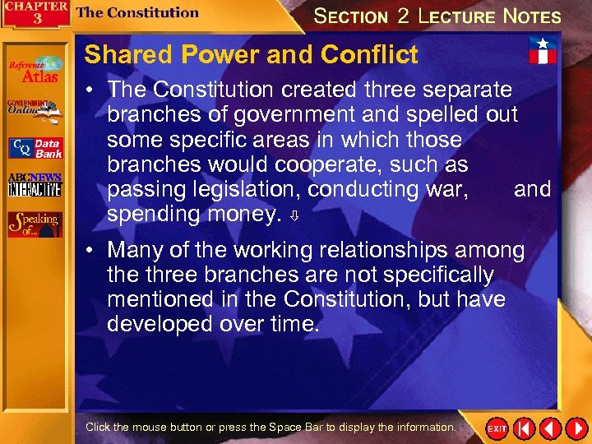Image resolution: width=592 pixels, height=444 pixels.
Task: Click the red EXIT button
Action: (497, 428)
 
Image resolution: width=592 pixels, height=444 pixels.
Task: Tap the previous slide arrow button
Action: (550, 428)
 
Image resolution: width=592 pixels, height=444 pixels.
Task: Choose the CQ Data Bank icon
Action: (35, 148)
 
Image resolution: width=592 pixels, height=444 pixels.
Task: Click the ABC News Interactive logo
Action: (35, 185)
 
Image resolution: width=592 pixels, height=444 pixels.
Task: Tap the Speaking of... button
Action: (35, 224)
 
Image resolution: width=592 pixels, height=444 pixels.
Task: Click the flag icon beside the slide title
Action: (543, 50)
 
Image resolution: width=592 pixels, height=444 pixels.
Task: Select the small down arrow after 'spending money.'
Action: (294, 218)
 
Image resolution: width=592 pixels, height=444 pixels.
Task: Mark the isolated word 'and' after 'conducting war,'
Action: (532, 189)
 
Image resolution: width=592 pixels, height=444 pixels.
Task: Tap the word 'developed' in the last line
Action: (162, 324)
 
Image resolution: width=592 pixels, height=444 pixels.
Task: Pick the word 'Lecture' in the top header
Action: (460, 16)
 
